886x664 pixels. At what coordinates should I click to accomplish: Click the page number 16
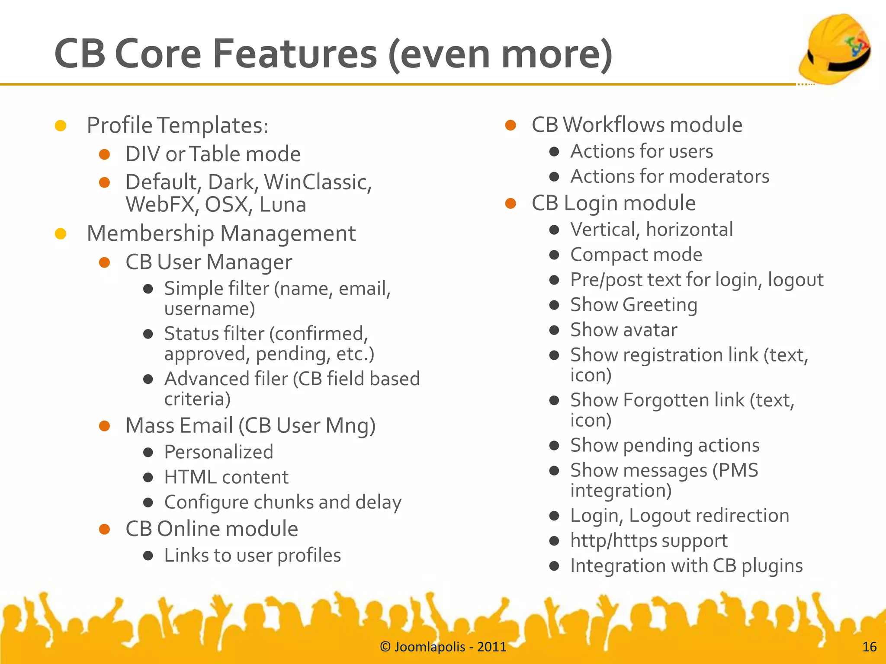click(x=869, y=647)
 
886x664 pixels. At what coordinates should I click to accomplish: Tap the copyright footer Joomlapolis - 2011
click(x=443, y=647)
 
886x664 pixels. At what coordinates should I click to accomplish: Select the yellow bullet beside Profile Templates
click(x=61, y=126)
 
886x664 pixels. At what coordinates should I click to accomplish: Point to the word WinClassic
click(x=318, y=182)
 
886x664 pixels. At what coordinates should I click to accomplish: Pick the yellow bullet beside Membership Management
click(x=61, y=234)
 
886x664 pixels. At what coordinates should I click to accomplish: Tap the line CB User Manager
click(x=209, y=262)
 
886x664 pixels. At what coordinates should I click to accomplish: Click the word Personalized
click(x=218, y=452)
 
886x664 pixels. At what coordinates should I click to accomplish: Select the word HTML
click(x=190, y=477)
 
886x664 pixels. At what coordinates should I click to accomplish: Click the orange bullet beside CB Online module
click(x=104, y=529)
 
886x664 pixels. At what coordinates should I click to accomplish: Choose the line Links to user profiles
click(x=252, y=555)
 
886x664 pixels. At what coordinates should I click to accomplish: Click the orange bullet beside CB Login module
click(x=510, y=203)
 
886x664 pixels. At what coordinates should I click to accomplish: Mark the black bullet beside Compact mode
click(x=554, y=255)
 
